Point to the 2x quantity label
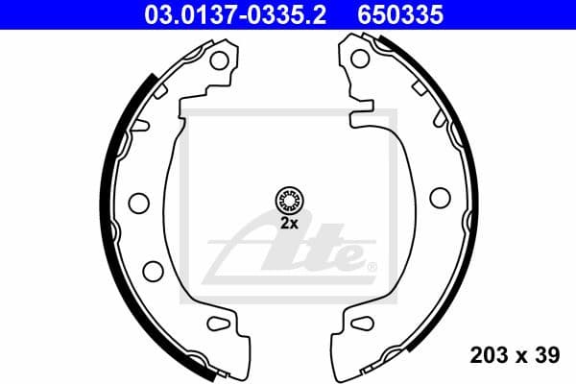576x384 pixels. pyautogui.click(x=289, y=222)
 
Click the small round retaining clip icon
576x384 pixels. pyautogui.click(x=289, y=200)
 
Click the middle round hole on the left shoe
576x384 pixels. pyautogui.click(x=138, y=203)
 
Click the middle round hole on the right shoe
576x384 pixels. pyautogui.click(x=440, y=197)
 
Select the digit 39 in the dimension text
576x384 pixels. pyautogui.click(x=547, y=356)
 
